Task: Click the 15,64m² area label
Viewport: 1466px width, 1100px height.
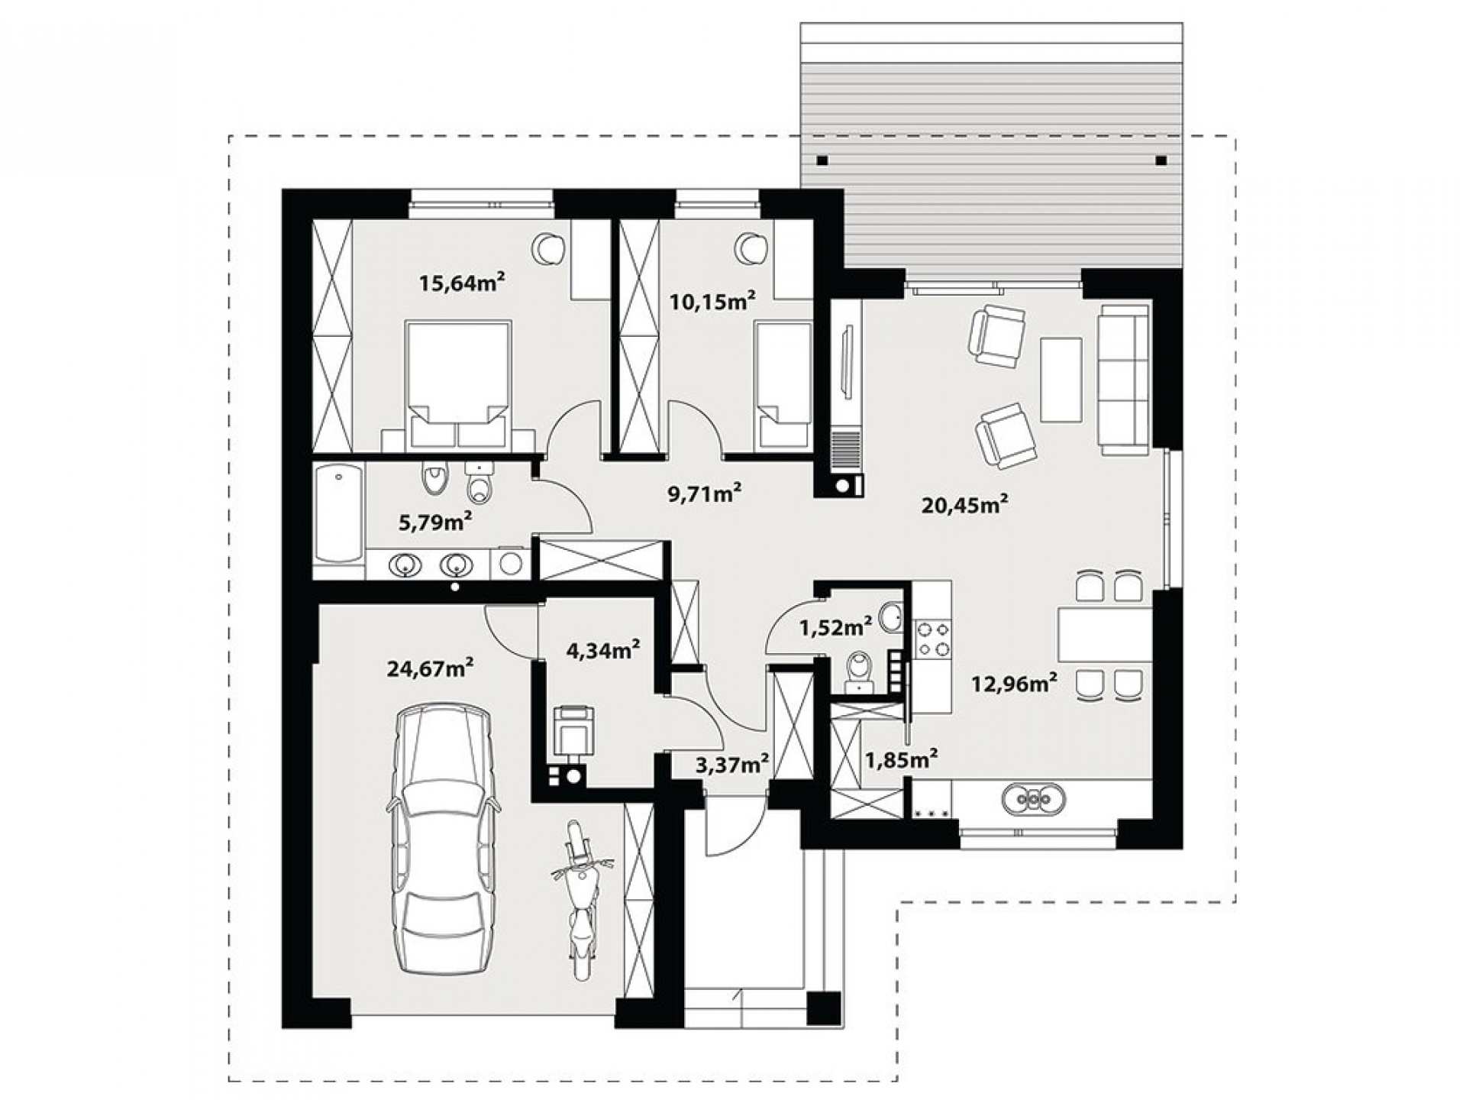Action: (x=462, y=283)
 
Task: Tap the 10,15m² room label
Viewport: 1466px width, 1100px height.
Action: (x=712, y=301)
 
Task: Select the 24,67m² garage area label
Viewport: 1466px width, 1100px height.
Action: (x=430, y=668)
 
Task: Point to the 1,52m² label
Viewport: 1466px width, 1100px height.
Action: (x=836, y=628)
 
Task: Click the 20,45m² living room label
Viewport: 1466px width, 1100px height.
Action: (x=965, y=504)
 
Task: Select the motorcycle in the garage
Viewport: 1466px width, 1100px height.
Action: (x=582, y=900)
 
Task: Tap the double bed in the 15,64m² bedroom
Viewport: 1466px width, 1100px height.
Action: (x=458, y=384)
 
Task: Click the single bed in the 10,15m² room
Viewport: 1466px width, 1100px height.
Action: (x=783, y=384)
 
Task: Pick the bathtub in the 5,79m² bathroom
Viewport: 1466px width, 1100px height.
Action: (x=338, y=514)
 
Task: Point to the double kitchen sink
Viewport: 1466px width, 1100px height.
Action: (x=1033, y=799)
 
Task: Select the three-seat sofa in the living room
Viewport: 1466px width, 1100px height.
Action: (x=1124, y=380)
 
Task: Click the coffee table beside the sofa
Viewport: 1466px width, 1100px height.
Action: (x=1061, y=380)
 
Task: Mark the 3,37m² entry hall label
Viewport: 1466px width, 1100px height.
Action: (x=731, y=764)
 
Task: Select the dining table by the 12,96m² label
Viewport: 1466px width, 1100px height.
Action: (x=1104, y=634)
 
